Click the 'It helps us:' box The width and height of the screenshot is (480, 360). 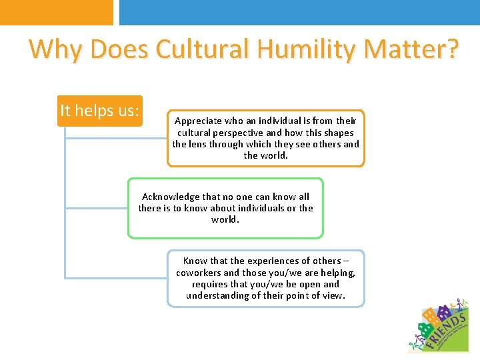[100, 111]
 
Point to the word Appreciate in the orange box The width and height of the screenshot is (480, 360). [198, 121]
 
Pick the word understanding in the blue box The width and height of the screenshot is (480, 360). [218, 295]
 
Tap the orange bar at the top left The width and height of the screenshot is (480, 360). [57, 12]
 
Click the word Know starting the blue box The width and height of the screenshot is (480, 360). [195, 261]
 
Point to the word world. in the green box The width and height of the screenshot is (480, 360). [225, 219]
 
